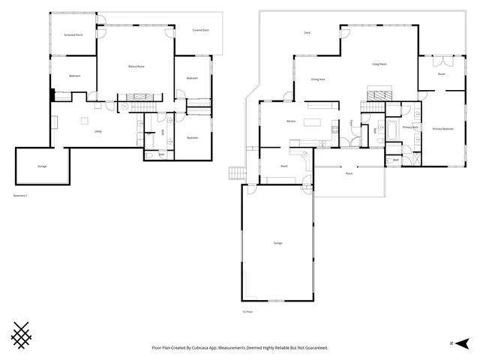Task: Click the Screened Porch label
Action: (73, 35)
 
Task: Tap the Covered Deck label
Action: (200, 30)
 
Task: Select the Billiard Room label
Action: (136, 67)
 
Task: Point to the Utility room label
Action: (98, 131)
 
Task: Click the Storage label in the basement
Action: (42, 166)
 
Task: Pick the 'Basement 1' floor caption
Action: (21, 195)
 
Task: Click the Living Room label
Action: (379, 64)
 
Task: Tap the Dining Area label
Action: (317, 79)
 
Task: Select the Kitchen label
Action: (291, 121)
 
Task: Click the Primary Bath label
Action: (409, 127)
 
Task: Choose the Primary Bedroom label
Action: (442, 129)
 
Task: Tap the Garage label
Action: (277, 244)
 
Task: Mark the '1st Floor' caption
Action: (247, 310)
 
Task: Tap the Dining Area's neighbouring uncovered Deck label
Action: (307, 33)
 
